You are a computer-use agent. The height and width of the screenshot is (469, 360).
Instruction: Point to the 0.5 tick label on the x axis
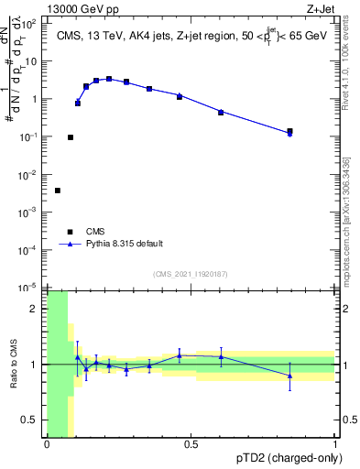click(191, 444)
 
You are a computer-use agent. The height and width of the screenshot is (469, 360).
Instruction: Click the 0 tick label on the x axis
click(47, 444)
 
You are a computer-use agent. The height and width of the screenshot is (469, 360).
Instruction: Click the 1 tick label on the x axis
click(334, 444)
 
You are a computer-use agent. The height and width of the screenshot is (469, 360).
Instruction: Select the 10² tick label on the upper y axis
click(29, 24)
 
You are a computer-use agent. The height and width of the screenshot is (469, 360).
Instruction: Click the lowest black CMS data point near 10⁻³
click(58, 191)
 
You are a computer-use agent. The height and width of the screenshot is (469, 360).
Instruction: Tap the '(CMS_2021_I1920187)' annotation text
click(191, 273)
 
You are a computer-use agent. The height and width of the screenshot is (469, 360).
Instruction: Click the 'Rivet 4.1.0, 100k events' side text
click(345, 64)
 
